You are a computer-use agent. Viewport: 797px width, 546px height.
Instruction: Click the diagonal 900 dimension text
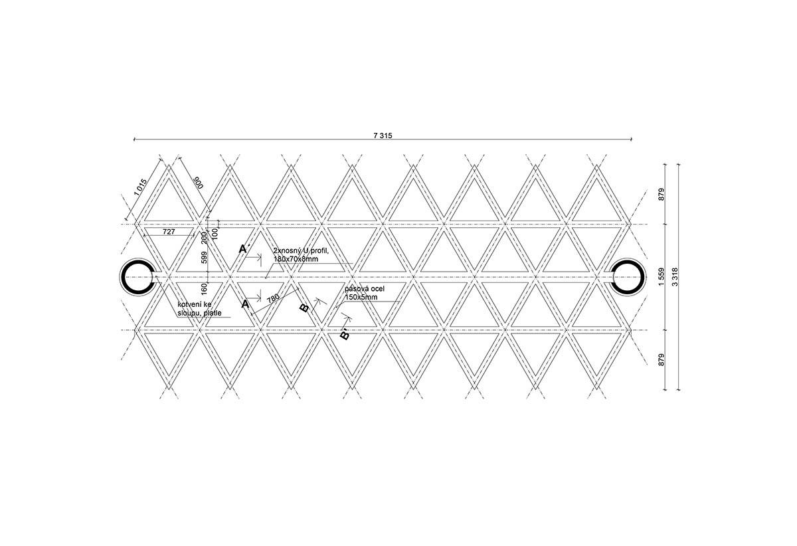pos(197,182)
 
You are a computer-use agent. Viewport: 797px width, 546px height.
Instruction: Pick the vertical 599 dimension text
pos(204,257)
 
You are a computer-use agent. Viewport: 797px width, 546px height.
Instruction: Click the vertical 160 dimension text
pos(204,289)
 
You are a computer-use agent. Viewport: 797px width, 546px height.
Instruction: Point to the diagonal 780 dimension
pos(272,299)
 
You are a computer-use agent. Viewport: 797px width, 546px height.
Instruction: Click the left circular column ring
pos(137,276)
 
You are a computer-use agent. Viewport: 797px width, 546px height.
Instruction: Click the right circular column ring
pos(627,276)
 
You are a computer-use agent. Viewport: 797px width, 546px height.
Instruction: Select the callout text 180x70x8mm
pos(296,258)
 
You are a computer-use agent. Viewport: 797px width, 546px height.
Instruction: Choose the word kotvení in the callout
pos(189,305)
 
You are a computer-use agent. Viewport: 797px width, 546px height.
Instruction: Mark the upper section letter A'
pos(244,249)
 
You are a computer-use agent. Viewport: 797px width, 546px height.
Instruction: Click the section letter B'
pos(345,334)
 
